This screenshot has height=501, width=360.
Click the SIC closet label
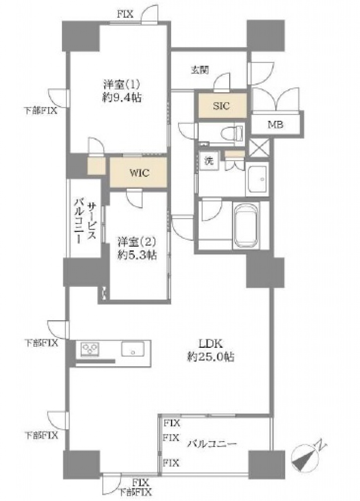[x=221, y=106]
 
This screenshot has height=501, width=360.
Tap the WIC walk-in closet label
[x=139, y=173]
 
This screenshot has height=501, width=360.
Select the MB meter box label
[x=276, y=124]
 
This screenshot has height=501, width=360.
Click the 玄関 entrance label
[x=200, y=70]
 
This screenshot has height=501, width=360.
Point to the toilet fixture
[x=232, y=133]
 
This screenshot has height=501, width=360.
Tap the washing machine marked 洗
[x=209, y=161]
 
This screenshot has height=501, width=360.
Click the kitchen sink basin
[x=132, y=349]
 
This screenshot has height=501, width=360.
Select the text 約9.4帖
[x=122, y=98]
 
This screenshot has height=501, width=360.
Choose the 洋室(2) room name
[x=137, y=241]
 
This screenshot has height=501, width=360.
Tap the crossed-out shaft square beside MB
[x=259, y=148]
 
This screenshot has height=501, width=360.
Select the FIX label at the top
[x=125, y=14]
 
